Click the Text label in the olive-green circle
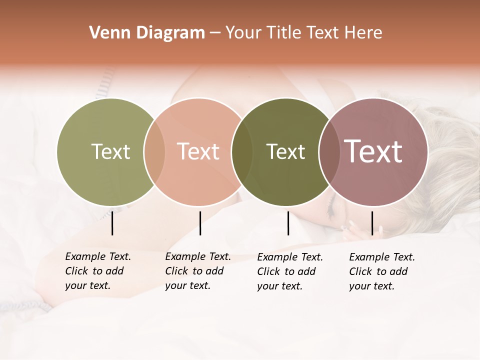(x=110, y=151)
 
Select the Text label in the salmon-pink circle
(x=198, y=151)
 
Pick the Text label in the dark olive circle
(x=285, y=151)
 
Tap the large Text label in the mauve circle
(x=373, y=151)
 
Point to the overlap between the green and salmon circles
(x=154, y=151)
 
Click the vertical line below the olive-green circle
(x=112, y=223)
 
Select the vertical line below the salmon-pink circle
(x=200, y=223)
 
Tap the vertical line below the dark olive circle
(x=288, y=223)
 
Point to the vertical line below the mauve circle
(x=372, y=223)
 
